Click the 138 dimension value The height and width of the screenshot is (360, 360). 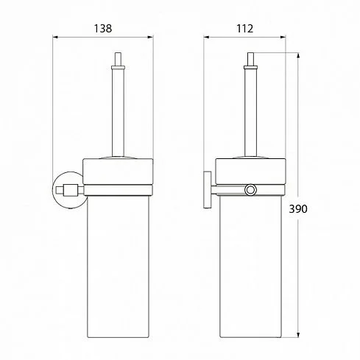[x=103, y=29]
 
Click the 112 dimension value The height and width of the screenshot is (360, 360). [x=244, y=29]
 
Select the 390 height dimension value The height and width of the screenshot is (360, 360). [x=298, y=209]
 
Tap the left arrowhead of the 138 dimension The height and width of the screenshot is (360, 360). [x=55, y=38]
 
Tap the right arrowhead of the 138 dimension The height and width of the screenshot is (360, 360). [x=150, y=38]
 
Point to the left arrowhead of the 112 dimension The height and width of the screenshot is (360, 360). [x=206, y=38]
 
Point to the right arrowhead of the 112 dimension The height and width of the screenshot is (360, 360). [x=283, y=38]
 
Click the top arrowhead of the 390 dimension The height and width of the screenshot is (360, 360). [x=298, y=55]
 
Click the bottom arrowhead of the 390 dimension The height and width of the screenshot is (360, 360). [x=298, y=335]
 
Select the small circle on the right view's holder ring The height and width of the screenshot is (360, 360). [x=250, y=190]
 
